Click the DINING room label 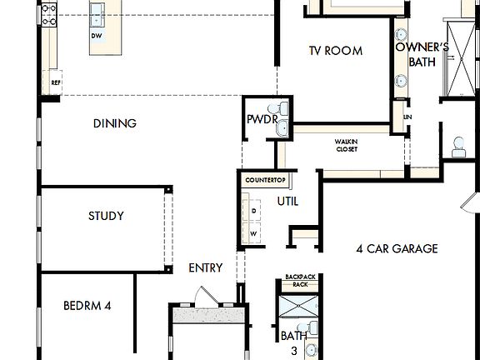115,124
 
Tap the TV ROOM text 335,51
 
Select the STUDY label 106,217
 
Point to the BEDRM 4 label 87,306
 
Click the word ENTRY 206,267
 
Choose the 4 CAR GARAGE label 397,248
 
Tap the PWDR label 256,120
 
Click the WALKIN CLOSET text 347,146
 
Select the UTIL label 287,202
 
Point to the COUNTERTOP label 266,180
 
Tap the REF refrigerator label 56,83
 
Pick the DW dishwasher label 97,37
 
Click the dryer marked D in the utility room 253,212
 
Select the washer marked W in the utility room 253,234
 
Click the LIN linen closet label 407,117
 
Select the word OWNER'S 422,47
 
